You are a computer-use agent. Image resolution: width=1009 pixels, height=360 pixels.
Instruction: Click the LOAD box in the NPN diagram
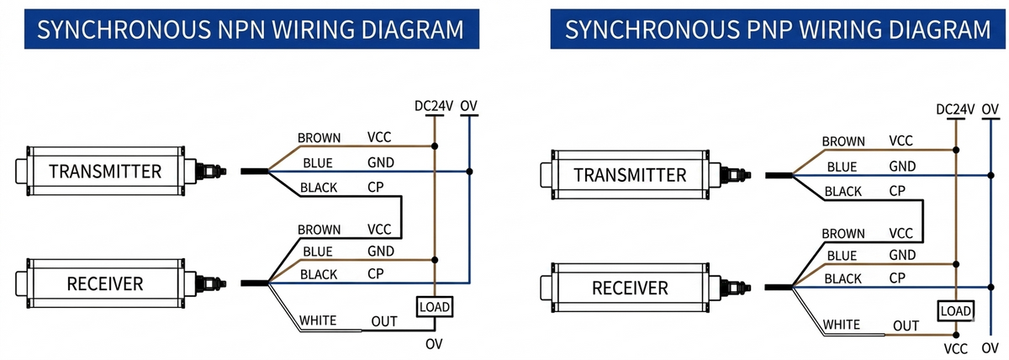pyautogui.click(x=434, y=307)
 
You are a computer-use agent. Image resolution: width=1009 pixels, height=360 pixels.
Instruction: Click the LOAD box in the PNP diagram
pyautogui.click(x=955, y=311)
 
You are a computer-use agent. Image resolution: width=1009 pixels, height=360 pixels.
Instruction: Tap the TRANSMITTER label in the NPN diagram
pyautogui.click(x=105, y=172)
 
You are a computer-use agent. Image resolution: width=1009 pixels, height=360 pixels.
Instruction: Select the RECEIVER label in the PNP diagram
pyautogui.click(x=630, y=288)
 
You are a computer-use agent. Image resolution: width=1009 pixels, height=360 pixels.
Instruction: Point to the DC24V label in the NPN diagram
pyautogui.click(x=434, y=106)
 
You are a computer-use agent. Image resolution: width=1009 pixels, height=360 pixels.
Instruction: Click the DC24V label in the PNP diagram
pyautogui.click(x=955, y=109)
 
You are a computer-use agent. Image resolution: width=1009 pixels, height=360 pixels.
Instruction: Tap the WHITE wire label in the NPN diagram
pyautogui.click(x=318, y=320)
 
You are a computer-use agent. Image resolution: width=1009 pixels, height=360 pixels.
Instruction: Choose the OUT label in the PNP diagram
pyautogui.click(x=906, y=326)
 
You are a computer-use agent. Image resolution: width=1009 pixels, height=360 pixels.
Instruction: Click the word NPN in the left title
pyautogui.click(x=242, y=29)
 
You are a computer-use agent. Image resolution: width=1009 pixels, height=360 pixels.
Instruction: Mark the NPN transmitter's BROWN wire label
pyautogui.click(x=319, y=138)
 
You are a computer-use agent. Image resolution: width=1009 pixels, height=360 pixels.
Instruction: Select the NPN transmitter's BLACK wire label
pyautogui.click(x=319, y=188)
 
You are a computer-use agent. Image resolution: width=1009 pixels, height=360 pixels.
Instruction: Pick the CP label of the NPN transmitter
pyautogui.click(x=375, y=187)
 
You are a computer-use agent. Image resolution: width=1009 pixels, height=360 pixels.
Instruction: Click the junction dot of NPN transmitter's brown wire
pyautogui.click(x=434, y=146)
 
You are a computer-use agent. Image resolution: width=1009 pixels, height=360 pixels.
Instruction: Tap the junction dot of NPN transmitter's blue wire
pyautogui.click(x=469, y=172)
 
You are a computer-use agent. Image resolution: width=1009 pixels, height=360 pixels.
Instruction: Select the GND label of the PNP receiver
pyautogui.click(x=902, y=255)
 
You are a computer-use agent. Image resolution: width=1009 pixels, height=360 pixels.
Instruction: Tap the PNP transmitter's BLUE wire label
pyautogui.click(x=842, y=167)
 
